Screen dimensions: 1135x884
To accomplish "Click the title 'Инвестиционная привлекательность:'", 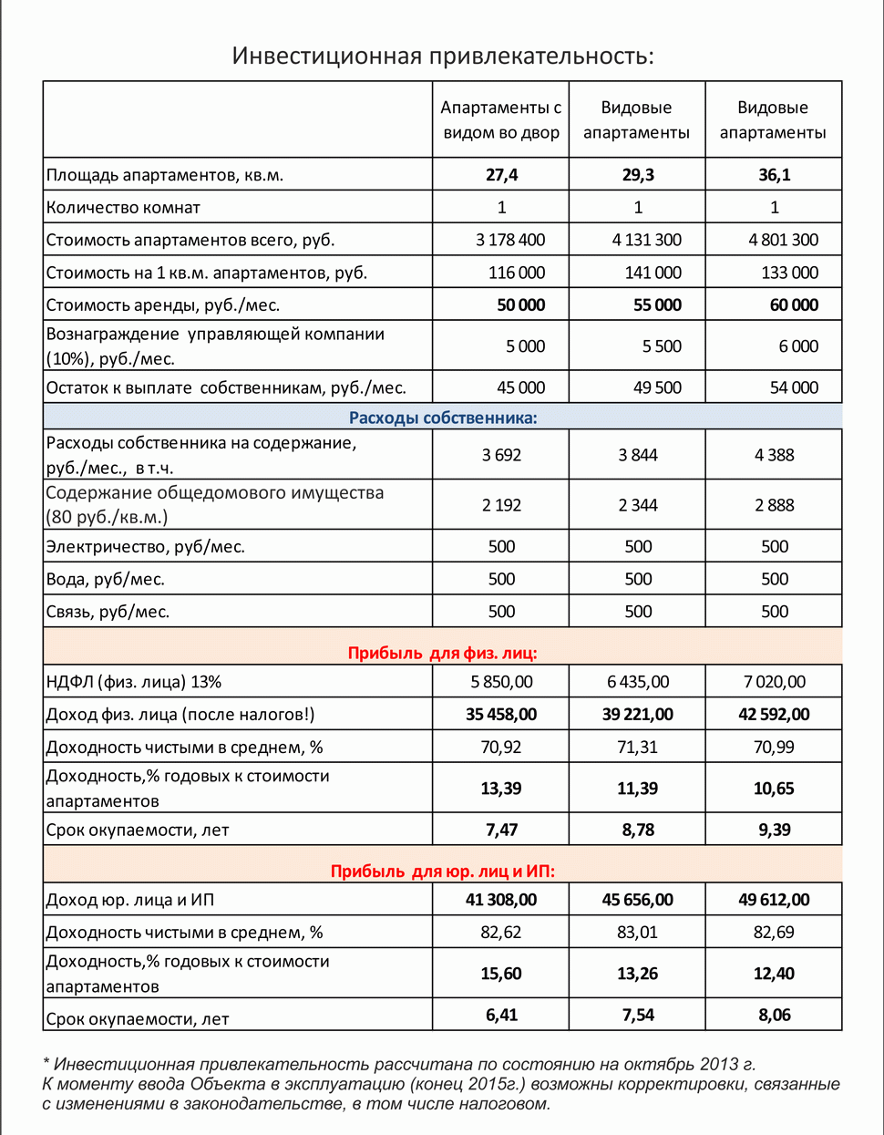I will pyautogui.click(x=443, y=56).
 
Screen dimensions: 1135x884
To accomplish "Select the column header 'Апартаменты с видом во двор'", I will pyautogui.click(x=501, y=119).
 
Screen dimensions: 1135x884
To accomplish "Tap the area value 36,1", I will pyautogui.click(x=775, y=174).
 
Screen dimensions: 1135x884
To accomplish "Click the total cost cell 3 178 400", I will pyautogui.click(x=510, y=240).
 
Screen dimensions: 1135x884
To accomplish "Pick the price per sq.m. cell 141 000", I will pyautogui.click(x=653, y=273).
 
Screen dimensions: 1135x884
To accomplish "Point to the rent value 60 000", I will pyautogui.click(x=794, y=304).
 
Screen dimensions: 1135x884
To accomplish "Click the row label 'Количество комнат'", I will pyautogui.click(x=123, y=207).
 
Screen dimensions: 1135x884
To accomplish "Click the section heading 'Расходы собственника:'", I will pyautogui.click(x=443, y=418).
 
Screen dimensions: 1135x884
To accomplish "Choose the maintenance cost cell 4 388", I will pyautogui.click(x=775, y=455).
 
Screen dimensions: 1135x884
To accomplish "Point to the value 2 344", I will pyautogui.click(x=638, y=505).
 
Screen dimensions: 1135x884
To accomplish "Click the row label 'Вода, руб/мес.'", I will pyautogui.click(x=106, y=579).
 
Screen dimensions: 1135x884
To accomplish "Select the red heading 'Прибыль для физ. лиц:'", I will pyautogui.click(x=443, y=653).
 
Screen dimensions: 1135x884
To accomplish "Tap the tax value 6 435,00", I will pyautogui.click(x=638, y=682).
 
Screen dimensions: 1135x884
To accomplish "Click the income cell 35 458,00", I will pyautogui.click(x=501, y=714).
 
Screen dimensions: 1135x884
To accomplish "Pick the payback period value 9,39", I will pyautogui.click(x=774, y=830).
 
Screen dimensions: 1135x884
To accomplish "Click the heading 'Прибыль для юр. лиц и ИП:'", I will pyautogui.click(x=443, y=871).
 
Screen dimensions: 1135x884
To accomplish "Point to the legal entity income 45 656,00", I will pyautogui.click(x=638, y=900).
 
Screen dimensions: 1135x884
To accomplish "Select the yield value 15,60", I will pyautogui.click(x=501, y=974).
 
